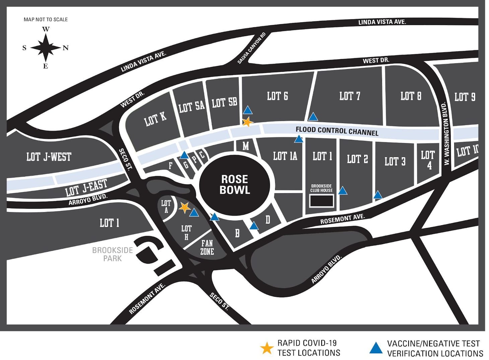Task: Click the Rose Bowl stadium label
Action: point(234,184)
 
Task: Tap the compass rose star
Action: point(46,48)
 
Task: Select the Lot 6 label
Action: point(277,96)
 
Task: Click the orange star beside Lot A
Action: point(184,208)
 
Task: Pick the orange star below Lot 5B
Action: point(247,122)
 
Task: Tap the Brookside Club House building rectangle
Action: point(321,201)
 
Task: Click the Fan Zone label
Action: point(207,247)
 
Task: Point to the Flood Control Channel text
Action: point(337,131)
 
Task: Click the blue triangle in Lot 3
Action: point(378,195)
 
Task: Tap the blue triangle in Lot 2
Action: point(342,191)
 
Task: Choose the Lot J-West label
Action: point(49,157)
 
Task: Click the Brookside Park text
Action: point(113,254)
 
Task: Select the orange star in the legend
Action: point(267,348)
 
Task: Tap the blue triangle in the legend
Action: point(376,348)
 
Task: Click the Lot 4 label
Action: point(428,160)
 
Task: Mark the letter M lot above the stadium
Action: point(246,146)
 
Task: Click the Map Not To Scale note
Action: point(46,19)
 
